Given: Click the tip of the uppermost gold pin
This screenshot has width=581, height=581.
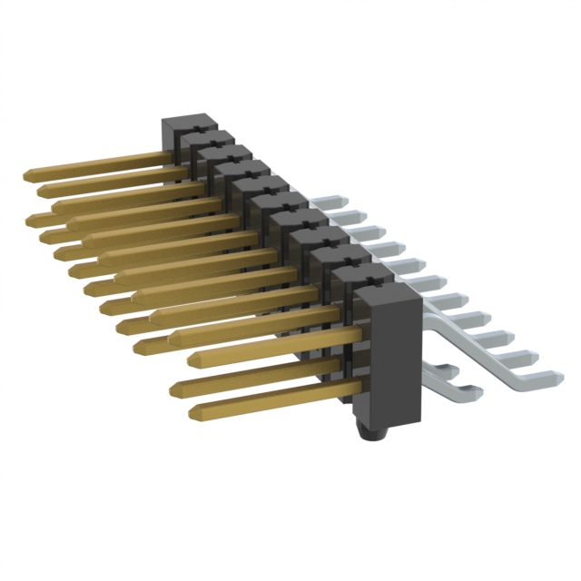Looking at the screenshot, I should (28, 172).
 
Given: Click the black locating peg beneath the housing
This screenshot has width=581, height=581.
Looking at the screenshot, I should (371, 434).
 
